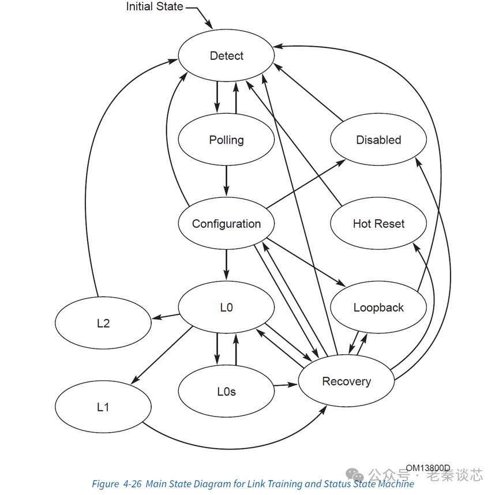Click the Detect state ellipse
point(226,56)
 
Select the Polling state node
point(226,140)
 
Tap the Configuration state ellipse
point(226,224)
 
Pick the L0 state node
point(226,307)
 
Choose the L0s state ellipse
point(226,392)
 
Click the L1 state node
point(103,407)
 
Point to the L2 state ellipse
point(103,323)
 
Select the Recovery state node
point(346,381)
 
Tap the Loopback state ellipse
point(378,307)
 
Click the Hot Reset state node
point(378,224)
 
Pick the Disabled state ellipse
point(378,140)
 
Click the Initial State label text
point(155,7)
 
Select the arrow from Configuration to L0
point(226,265)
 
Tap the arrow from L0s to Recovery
point(285,385)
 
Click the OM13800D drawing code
point(427,468)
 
